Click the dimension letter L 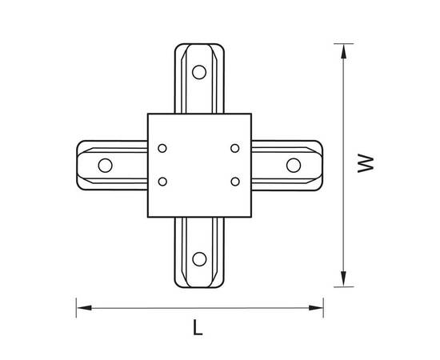(x=198, y=327)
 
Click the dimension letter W (x=366, y=163)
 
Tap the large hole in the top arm (x=199, y=72)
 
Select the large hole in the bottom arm (x=199, y=259)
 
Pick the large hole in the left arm (x=106, y=166)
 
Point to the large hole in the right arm (x=294, y=166)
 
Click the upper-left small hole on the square (x=162, y=148)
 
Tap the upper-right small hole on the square (x=235, y=148)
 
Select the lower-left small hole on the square (x=162, y=182)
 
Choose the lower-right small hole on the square (x=235, y=182)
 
